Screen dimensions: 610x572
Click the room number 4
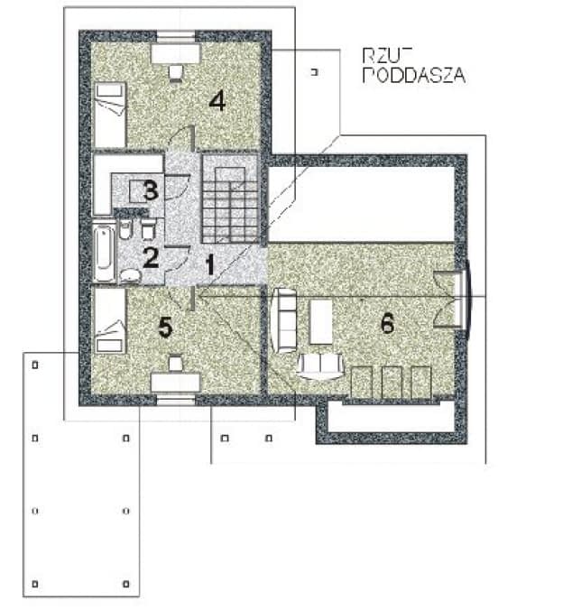pos(217,100)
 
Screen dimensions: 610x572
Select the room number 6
pos(387,324)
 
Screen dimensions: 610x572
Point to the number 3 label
pos(151,190)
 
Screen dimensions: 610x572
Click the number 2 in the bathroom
pos(150,257)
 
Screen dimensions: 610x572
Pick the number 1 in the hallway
pos(209,265)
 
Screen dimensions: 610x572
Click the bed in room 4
pos(109,114)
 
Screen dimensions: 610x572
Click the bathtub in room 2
pos(103,254)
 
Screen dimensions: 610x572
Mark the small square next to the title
pos(314,70)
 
